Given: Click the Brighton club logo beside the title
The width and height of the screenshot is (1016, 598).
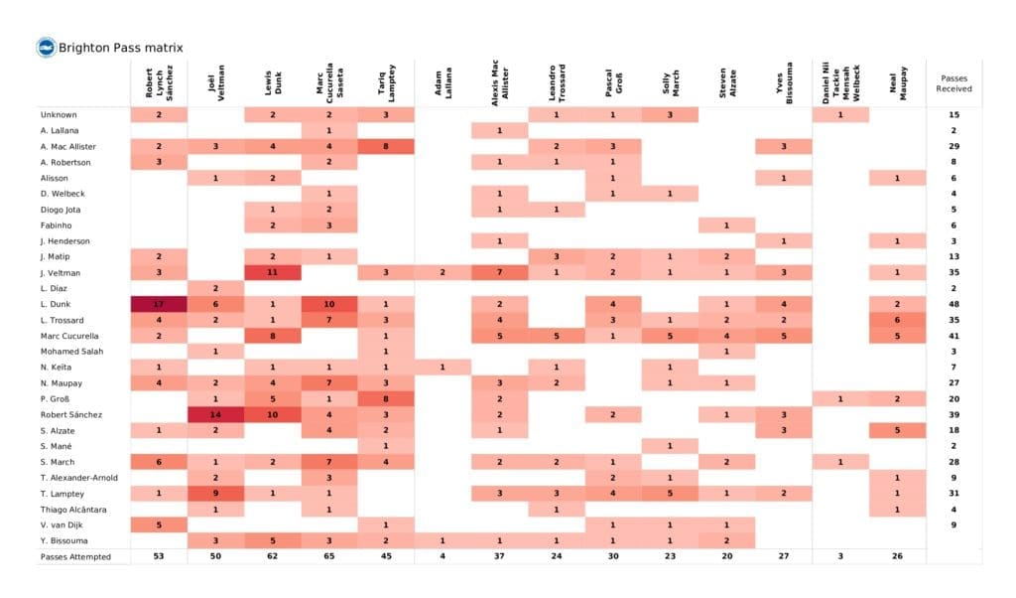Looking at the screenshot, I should pyautogui.click(x=46, y=47).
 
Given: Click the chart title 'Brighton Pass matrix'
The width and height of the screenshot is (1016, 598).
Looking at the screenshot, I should pyautogui.click(x=120, y=48).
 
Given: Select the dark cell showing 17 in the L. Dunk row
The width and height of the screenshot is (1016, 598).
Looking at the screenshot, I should pyautogui.click(x=159, y=304).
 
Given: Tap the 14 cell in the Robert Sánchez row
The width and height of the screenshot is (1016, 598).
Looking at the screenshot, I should pyautogui.click(x=215, y=414).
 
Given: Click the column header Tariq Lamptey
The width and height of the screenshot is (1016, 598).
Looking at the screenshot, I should pyautogui.click(x=387, y=81).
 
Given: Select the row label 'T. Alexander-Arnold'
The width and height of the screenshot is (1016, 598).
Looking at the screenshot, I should pyautogui.click(x=80, y=478).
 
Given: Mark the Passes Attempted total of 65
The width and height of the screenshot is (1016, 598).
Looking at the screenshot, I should pyautogui.click(x=329, y=557).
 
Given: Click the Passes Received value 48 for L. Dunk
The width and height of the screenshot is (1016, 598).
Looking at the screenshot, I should pyautogui.click(x=953, y=304).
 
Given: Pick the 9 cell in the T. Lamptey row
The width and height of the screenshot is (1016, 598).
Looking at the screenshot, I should pyautogui.click(x=215, y=494).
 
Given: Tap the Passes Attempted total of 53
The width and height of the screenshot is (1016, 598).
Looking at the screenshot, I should pyautogui.click(x=159, y=557).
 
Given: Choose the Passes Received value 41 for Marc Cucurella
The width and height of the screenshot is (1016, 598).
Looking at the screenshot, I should pyautogui.click(x=953, y=336).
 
